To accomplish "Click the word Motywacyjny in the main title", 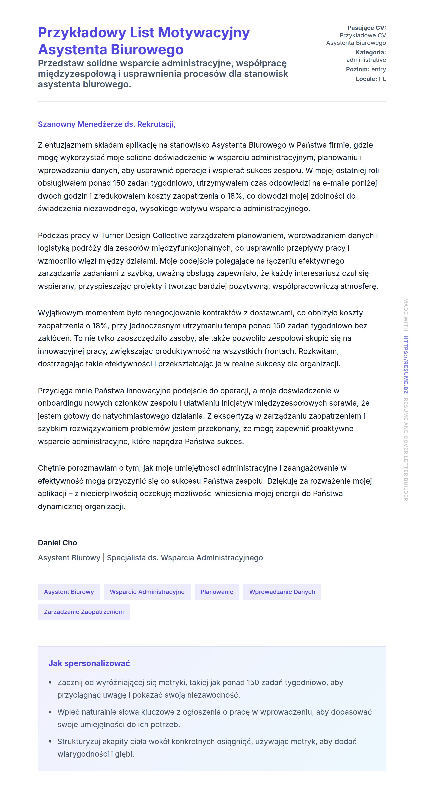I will (x=204, y=33).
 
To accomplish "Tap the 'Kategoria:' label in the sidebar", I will (x=370, y=52).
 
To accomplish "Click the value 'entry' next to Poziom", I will (x=378, y=69).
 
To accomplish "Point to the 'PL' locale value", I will (x=382, y=79).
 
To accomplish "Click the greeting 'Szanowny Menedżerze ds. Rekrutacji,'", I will (x=106, y=124).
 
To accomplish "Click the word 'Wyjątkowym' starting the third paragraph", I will (x=60, y=313).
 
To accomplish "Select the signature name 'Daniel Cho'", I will (x=57, y=543).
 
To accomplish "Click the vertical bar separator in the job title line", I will (x=104, y=558).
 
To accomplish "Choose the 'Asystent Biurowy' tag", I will (x=69, y=592).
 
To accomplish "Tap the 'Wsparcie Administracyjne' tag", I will (x=147, y=592).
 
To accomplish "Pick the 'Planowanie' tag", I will (x=216, y=592).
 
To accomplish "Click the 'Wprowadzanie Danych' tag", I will (x=282, y=592).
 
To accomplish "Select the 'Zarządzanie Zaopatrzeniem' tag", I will (x=84, y=612).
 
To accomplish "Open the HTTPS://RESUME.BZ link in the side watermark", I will (x=406, y=365).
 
